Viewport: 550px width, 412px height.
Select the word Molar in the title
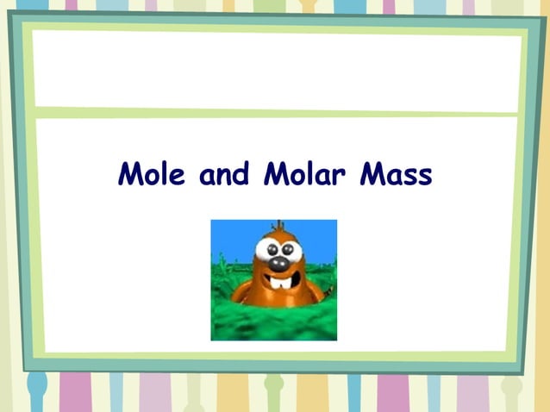(303, 175)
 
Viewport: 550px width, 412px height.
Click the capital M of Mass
(370, 175)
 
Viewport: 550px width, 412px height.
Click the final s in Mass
(424, 178)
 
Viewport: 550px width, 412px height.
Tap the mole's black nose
(279, 261)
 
